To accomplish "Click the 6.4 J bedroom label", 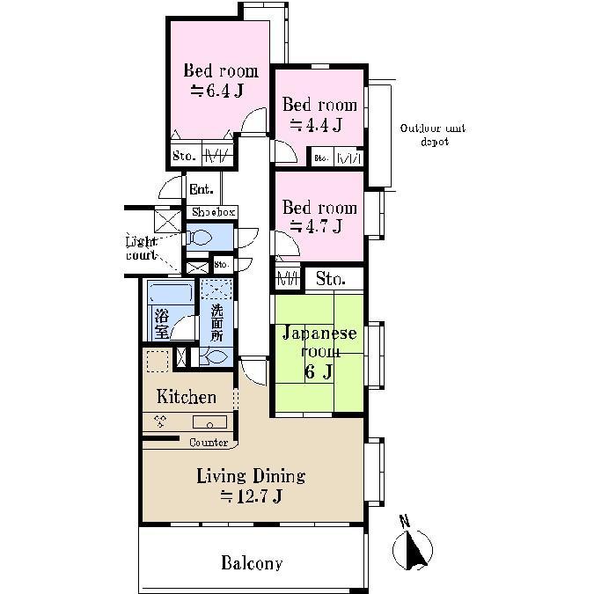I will [220, 79].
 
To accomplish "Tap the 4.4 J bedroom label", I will [319, 114].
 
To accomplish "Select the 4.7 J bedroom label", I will [319, 216].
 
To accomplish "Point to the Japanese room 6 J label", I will [319, 352].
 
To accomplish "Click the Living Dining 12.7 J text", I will [251, 486].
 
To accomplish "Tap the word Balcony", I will [252, 563].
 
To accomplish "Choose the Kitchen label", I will [187, 397].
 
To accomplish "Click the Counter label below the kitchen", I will [209, 443].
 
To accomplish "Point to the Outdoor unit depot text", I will [433, 135].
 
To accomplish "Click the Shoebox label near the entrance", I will [213, 213].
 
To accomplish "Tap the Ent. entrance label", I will [200, 189].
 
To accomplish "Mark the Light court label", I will [141, 248].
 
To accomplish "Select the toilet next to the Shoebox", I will [201, 238].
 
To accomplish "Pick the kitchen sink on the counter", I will [209, 422].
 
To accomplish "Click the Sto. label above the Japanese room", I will [333, 279].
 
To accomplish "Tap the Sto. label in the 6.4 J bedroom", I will [184, 157].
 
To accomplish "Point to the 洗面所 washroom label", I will [216, 321].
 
